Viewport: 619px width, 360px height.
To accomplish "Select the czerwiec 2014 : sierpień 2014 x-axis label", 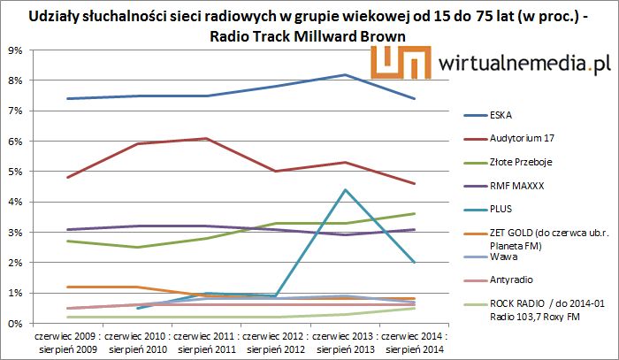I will click(x=413, y=342).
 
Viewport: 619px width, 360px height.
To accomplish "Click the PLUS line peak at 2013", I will click(x=344, y=190).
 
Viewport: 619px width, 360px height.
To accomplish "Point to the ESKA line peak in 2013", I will click(x=344, y=75).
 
